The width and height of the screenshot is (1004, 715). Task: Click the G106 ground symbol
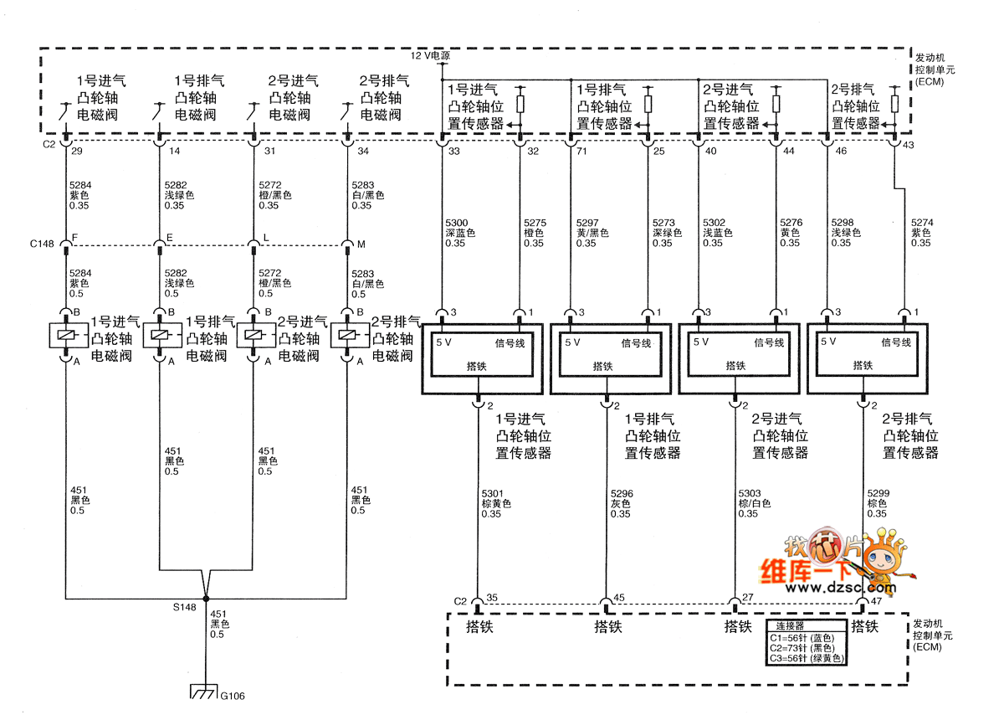204,692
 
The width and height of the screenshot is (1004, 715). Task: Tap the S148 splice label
184,607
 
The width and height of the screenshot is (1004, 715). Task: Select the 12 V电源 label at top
431,54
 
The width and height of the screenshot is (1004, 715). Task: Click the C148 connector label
42,244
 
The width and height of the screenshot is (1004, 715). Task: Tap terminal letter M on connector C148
361,244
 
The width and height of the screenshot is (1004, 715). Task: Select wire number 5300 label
457,224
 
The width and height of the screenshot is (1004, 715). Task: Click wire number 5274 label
920,224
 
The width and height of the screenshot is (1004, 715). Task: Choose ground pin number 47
876,601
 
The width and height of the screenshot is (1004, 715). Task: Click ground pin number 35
492,599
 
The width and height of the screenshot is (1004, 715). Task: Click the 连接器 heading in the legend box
789,626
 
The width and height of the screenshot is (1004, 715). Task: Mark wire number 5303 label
750,494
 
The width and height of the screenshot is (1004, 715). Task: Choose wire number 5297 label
587,224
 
